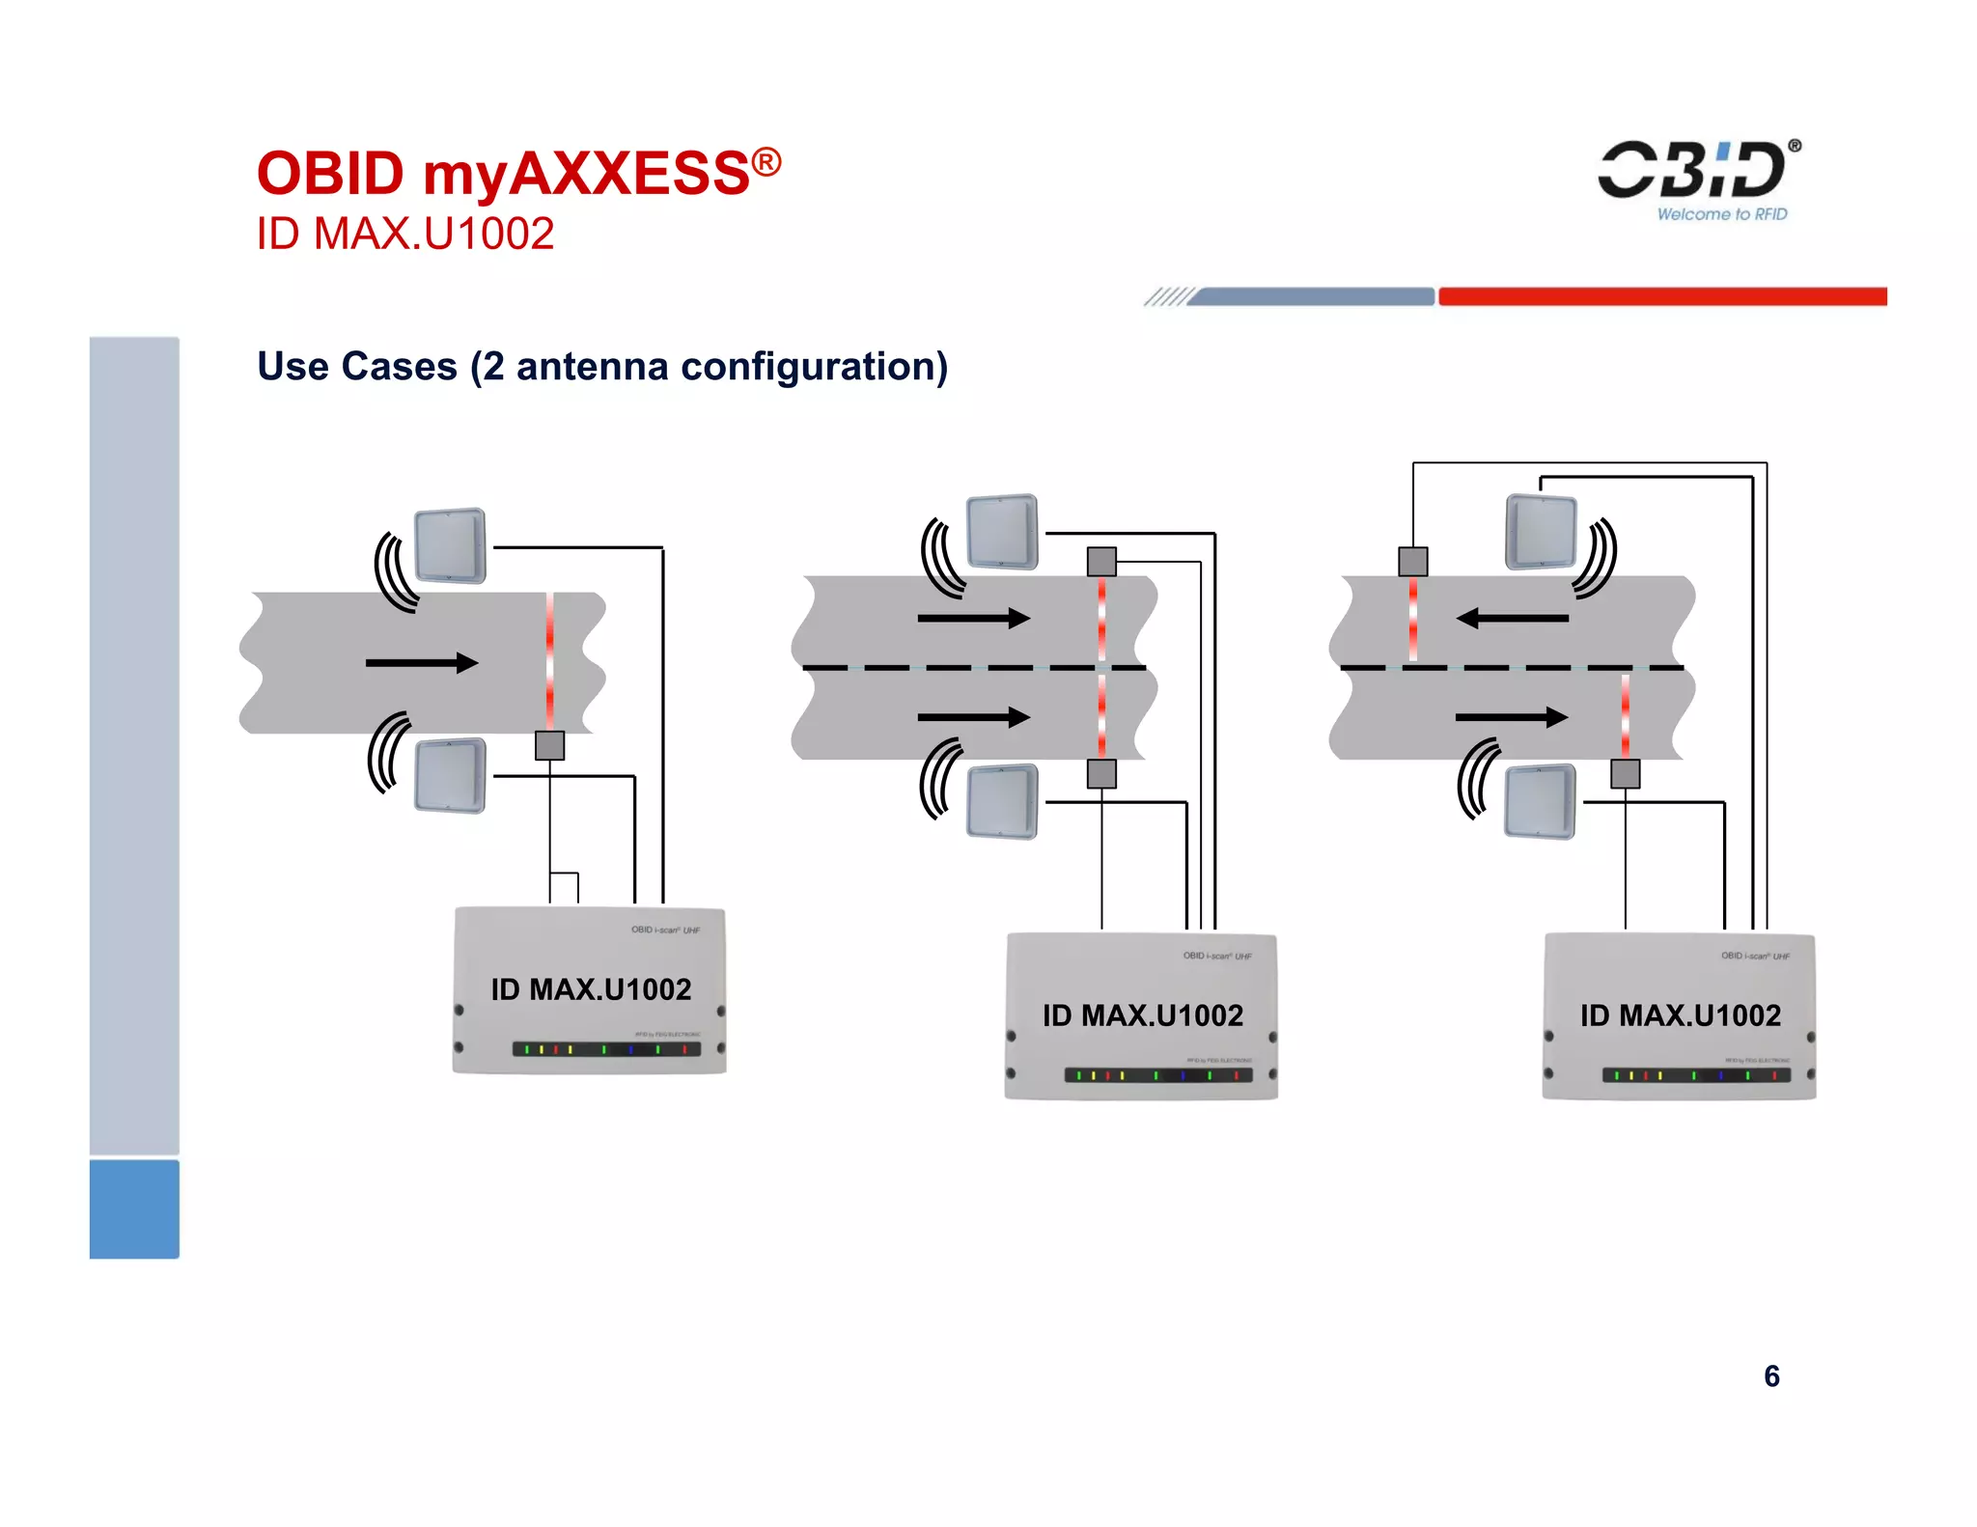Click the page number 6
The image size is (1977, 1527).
point(1771,1375)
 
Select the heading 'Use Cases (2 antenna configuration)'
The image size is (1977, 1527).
point(602,367)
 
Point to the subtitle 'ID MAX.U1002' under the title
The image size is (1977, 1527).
point(405,234)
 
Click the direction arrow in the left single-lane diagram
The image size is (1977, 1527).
point(422,662)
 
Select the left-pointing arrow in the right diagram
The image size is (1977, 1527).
point(1512,618)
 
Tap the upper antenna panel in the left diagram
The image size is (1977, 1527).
point(450,545)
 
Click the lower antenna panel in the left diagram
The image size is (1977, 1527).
point(450,775)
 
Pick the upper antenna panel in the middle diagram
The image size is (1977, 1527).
point(1003,532)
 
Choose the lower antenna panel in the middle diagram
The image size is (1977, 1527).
point(1003,801)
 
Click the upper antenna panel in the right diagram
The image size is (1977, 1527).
point(1541,532)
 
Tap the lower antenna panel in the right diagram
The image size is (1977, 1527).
point(1541,801)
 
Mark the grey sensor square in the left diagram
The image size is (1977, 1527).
point(550,745)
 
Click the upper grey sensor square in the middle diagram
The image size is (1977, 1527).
point(1101,561)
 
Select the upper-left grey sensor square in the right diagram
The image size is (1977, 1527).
point(1413,561)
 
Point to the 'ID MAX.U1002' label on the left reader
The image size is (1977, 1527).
point(591,989)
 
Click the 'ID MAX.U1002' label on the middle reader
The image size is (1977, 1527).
point(1143,1015)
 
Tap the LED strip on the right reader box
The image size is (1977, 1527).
point(1696,1075)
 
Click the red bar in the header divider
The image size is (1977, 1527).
point(1662,296)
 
